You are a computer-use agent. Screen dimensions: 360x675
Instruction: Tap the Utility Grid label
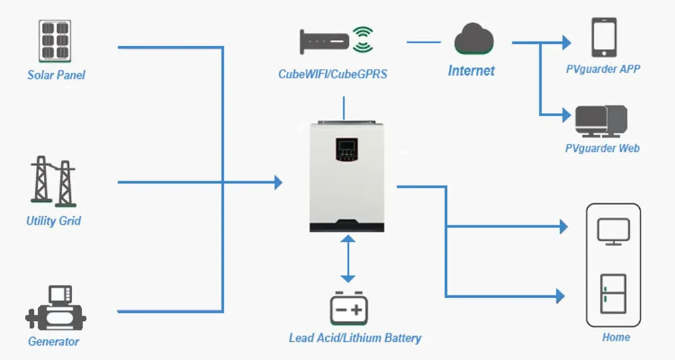coord(53,221)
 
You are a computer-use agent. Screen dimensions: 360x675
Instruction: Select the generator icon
coord(55,307)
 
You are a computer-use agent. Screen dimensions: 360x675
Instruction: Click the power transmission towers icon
coord(53,181)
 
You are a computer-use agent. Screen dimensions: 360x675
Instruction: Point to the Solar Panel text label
coord(56,75)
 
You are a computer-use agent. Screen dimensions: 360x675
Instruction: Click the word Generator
coord(53,341)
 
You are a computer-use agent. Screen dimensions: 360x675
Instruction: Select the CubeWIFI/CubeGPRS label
coord(333,74)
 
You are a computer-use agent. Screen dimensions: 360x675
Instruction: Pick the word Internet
coord(471,70)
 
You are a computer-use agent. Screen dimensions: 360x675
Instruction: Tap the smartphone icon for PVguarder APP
coord(603,38)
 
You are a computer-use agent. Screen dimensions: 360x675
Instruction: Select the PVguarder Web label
coord(602,148)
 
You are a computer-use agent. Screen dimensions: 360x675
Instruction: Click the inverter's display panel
coord(345,153)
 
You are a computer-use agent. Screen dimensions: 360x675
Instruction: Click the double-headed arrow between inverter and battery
coord(348,259)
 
